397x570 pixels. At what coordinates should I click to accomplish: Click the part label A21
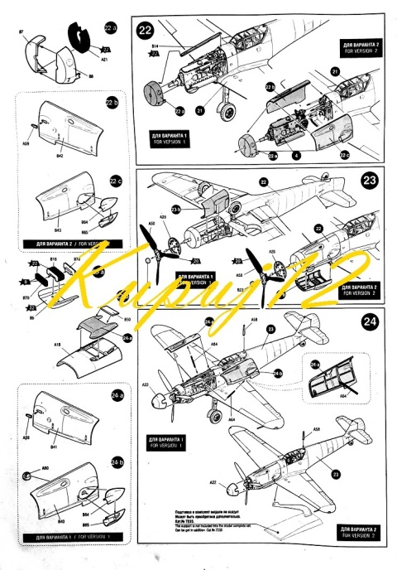pos(105,60)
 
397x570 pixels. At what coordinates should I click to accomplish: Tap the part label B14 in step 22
pos(155,44)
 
